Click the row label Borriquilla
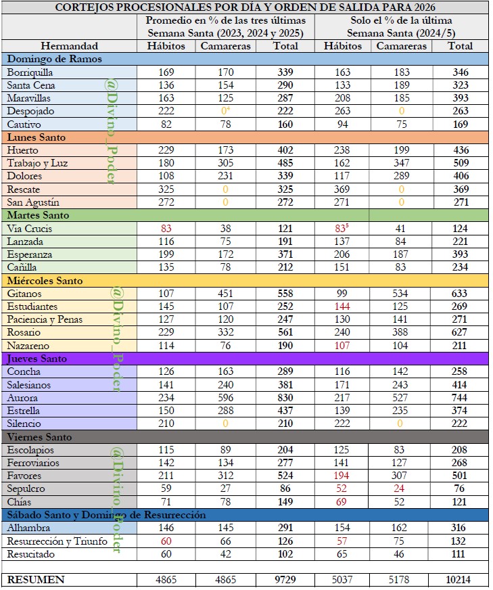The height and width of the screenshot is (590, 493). [x=30, y=72]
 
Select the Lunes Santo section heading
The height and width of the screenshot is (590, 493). [x=36, y=137]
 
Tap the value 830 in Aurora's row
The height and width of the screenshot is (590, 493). [x=285, y=398]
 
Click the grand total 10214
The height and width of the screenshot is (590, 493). [x=458, y=580]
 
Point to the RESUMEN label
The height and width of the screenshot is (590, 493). [x=36, y=580]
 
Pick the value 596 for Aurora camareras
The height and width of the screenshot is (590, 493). [x=226, y=398]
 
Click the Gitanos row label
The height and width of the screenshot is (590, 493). [x=24, y=294]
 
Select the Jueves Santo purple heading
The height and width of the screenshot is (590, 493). [x=37, y=359]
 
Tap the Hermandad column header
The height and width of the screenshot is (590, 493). [x=69, y=46]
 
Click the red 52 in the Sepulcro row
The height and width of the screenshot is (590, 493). [x=342, y=489]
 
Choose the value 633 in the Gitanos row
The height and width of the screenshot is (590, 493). [x=459, y=294]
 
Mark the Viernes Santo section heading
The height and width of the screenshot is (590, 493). [x=39, y=437]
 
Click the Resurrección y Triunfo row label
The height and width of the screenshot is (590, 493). [x=57, y=541]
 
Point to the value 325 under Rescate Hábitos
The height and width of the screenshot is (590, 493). [x=166, y=189]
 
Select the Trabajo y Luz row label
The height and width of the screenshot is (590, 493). [x=37, y=163]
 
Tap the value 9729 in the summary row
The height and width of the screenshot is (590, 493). [x=285, y=580]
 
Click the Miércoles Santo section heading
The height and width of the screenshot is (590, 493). [x=45, y=281]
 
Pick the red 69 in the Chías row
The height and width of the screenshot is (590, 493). [x=342, y=502]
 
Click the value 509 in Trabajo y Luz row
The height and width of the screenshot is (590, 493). [x=461, y=163]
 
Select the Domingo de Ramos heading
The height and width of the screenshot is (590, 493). [x=54, y=59]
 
